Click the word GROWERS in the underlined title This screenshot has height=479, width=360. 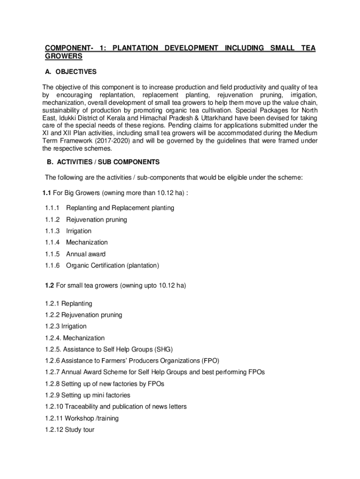click(x=64, y=56)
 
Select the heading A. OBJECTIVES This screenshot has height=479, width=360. click(x=71, y=72)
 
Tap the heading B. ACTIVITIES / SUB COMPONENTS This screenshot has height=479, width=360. click(x=103, y=162)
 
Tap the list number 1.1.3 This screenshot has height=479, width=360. click(x=52, y=231)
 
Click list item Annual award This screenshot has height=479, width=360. click(x=86, y=254)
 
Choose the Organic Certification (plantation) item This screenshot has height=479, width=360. click(x=112, y=266)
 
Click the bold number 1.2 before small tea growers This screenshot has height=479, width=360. click(x=50, y=285)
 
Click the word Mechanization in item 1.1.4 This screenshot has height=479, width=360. click(x=86, y=242)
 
